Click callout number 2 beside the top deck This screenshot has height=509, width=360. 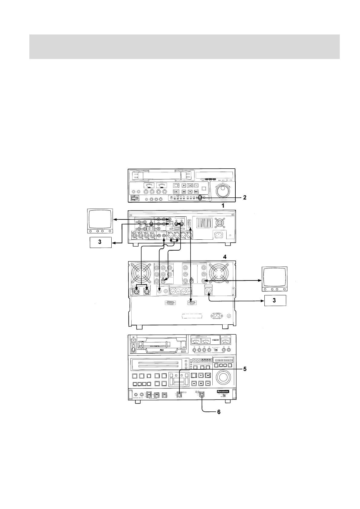coord(245,198)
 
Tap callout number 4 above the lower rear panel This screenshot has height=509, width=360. coord(224,257)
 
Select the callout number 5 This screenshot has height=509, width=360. coord(245,369)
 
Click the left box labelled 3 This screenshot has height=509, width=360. coord(101,243)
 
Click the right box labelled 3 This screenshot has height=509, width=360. coord(275,301)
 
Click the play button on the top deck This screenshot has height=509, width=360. coord(183,185)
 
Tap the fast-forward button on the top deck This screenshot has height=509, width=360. coord(196,192)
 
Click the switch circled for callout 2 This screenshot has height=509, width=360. coord(200,198)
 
